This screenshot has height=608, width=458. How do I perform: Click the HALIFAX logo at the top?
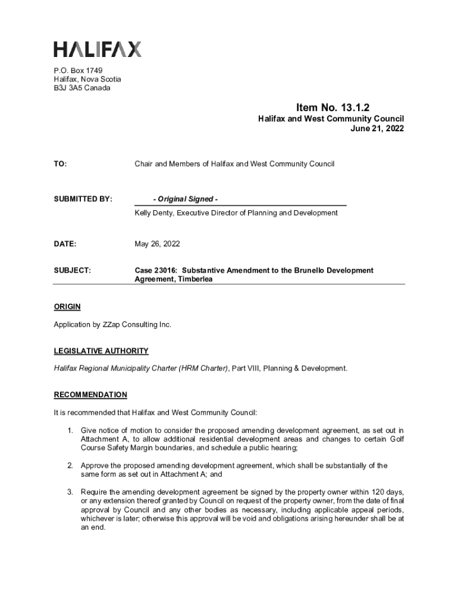pos(98,49)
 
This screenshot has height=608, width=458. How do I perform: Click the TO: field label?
pos(61,163)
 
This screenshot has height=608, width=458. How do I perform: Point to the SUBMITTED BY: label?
pos(83,199)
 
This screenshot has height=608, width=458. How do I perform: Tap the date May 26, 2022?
pos(157,244)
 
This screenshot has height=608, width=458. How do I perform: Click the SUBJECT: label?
pos(73,270)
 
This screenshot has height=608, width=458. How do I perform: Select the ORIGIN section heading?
pos(67,307)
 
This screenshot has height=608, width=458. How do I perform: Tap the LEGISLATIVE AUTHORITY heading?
pos(101,351)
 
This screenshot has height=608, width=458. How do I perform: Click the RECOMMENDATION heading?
pos(90,394)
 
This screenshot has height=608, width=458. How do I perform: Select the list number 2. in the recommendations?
pos(70,465)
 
